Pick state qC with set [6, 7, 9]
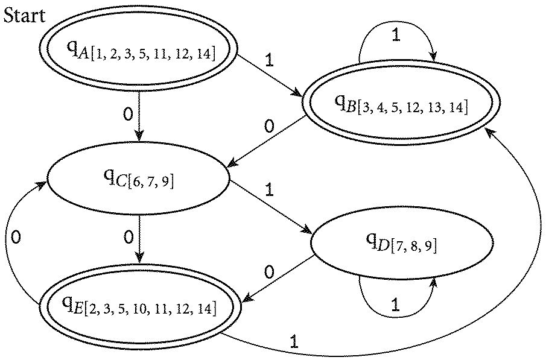139,178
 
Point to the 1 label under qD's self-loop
395,305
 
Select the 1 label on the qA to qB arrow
269,61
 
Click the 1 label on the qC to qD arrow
269,191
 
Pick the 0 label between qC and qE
128,237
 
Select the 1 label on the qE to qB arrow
294,342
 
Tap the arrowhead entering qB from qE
487,130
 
